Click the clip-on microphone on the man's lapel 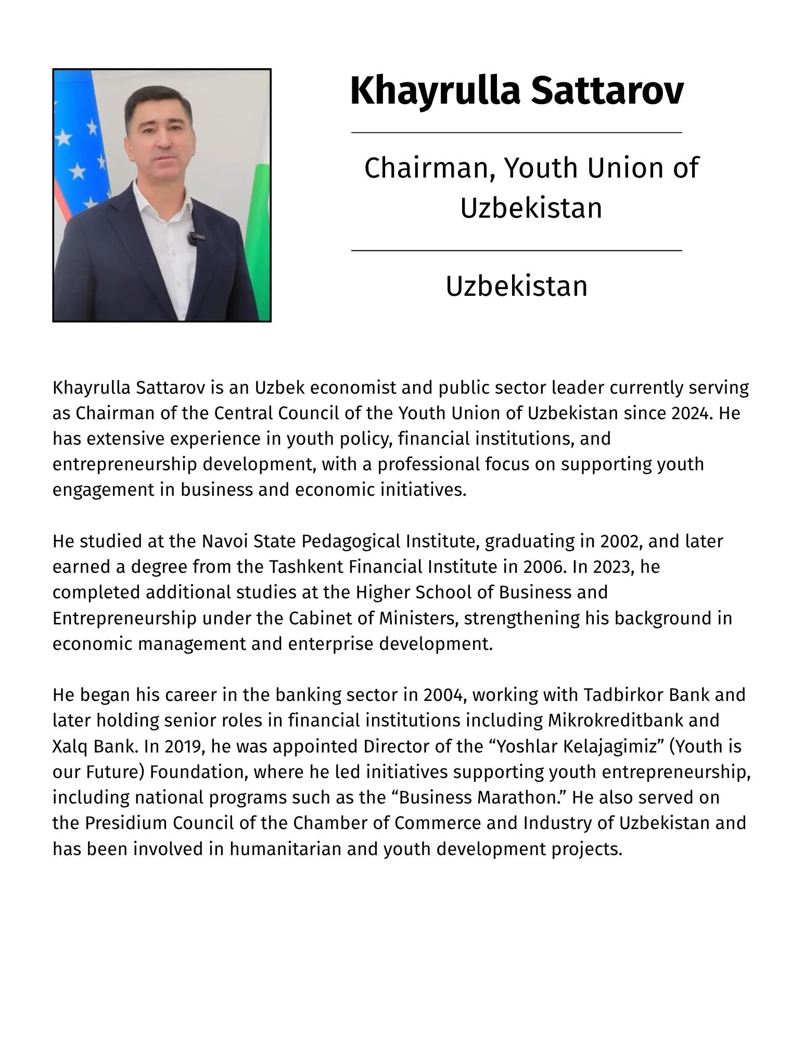click(194, 239)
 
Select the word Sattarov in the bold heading click(607, 91)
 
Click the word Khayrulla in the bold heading click(435, 91)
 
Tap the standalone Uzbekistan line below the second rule click(517, 286)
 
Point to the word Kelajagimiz click(604, 746)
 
